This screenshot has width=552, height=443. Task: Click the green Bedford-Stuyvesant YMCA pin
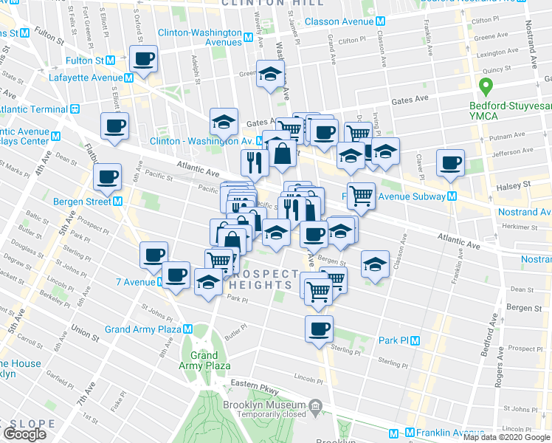point(485,87)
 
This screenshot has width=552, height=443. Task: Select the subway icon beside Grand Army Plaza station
point(188,329)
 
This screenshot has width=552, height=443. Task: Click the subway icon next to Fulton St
point(110,60)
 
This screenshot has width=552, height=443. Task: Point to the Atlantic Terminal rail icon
point(75,109)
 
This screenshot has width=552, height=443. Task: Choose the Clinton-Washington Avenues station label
point(203,38)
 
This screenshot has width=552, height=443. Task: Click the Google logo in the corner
point(24,434)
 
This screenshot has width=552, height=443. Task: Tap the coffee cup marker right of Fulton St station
point(144,58)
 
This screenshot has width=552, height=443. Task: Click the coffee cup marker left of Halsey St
point(449,163)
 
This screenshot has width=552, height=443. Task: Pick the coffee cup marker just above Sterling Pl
point(319,329)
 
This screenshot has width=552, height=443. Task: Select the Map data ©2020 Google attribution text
point(507,437)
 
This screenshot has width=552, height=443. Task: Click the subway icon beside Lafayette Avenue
point(129,77)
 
